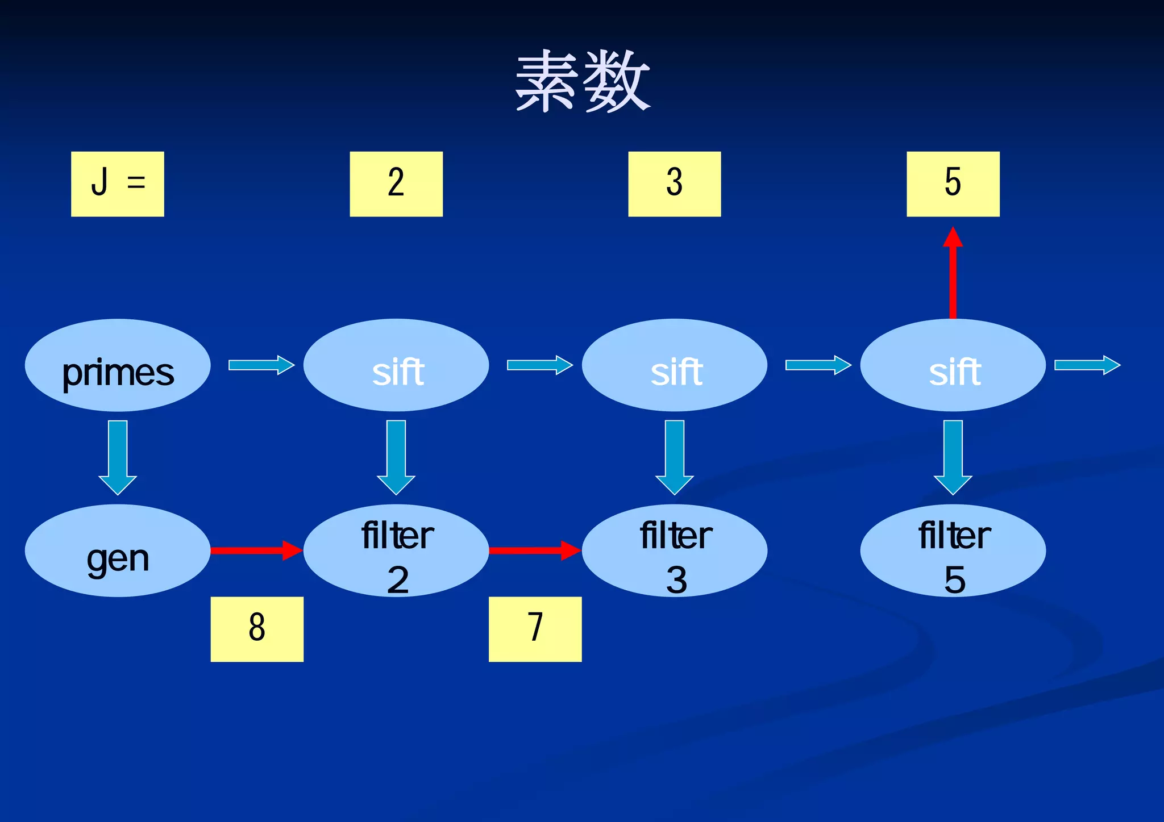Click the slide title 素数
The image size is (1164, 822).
coord(582,81)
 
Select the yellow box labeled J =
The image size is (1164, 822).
coord(118,183)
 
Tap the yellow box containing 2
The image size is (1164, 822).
coord(396,183)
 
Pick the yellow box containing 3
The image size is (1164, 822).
coord(675,183)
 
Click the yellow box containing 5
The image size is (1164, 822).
coord(953,183)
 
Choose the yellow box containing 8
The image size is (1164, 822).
coord(257,629)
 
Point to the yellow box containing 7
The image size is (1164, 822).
coord(535,629)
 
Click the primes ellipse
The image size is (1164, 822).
coord(118,365)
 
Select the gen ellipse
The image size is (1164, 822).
coord(118,550)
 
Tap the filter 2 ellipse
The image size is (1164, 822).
coord(396,550)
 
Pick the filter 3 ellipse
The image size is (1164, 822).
coord(675,550)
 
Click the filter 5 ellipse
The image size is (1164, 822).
coord(953,550)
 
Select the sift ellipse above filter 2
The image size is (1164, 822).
coord(396,365)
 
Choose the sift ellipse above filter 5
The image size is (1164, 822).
coord(953,365)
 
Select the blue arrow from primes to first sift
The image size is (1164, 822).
coord(261,365)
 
